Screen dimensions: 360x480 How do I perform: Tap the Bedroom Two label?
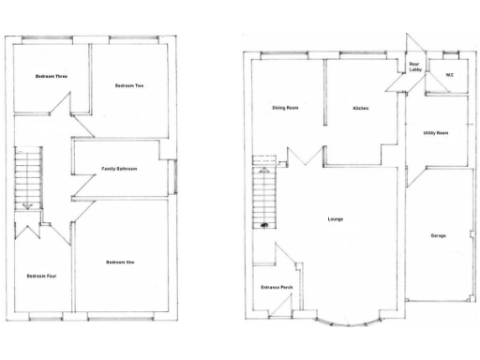(x=128, y=85)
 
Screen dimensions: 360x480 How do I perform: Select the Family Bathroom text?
(x=120, y=169)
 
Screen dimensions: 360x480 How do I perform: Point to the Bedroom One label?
(x=120, y=262)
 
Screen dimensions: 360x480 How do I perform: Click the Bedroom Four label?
(x=38, y=276)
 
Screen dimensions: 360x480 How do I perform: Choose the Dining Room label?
(x=285, y=108)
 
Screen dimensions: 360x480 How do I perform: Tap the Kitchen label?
(x=361, y=108)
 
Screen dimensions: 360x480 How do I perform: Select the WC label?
(x=450, y=74)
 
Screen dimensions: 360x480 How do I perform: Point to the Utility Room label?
(x=436, y=133)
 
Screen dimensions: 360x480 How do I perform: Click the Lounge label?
(x=335, y=219)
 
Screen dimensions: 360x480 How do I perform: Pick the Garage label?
(x=438, y=235)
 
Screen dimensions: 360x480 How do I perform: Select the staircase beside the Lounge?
(x=263, y=193)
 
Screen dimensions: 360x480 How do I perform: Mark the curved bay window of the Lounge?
(x=349, y=322)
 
